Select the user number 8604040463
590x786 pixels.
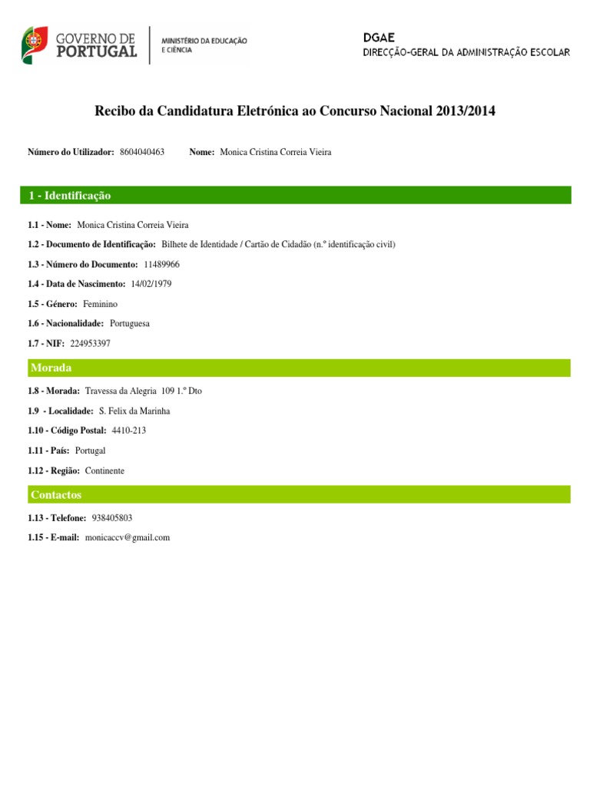tap(142, 153)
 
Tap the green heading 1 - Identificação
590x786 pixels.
tap(70, 196)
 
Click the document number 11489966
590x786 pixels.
tap(161, 264)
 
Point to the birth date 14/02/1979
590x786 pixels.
tap(151, 284)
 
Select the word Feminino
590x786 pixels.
tap(101, 304)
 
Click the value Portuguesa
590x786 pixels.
tap(130, 324)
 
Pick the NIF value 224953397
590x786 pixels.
tap(90, 344)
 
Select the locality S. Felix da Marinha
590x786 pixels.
tap(134, 411)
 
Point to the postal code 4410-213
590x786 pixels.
tap(128, 431)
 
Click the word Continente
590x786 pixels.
tap(104, 471)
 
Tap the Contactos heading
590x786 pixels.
tap(56, 495)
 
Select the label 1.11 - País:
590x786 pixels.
tap(48, 451)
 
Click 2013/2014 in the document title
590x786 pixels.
tap(466, 111)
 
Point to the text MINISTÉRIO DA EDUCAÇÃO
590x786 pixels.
tap(204, 40)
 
